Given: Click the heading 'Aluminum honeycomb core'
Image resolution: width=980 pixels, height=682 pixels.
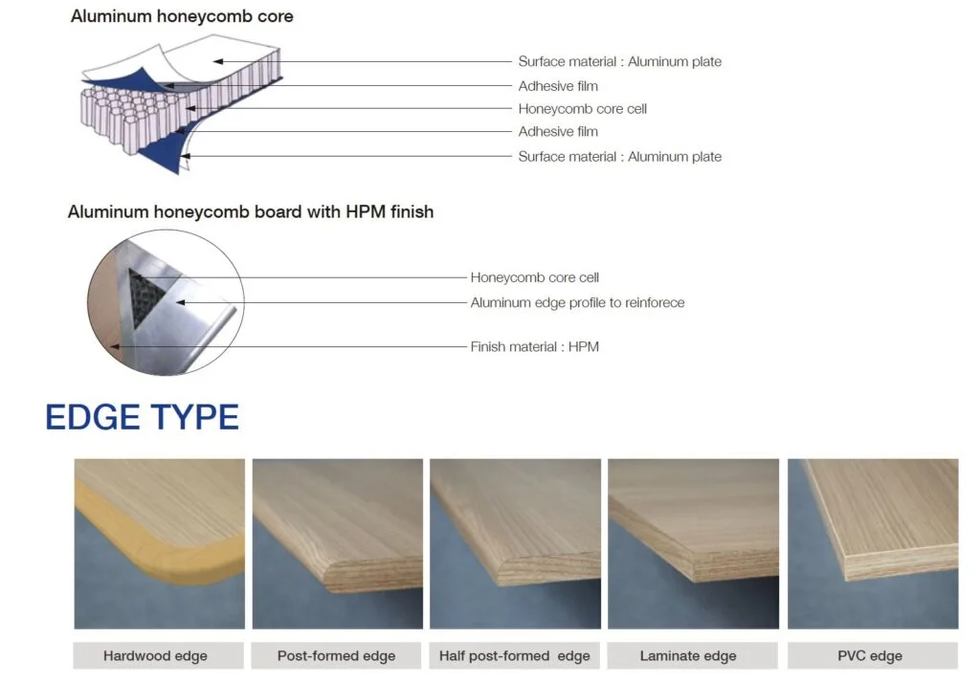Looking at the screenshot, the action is tap(182, 16).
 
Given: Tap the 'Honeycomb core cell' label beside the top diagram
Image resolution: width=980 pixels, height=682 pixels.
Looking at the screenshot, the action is tap(583, 109).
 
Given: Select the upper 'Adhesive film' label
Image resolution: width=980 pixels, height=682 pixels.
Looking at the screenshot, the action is tap(558, 85).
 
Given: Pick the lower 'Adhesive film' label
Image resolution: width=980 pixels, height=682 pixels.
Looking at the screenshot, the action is tap(558, 131).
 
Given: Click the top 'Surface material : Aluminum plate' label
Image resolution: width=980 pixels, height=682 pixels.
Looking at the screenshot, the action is tap(620, 61).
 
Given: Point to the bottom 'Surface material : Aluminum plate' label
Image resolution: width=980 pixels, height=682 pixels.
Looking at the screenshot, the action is tap(620, 156).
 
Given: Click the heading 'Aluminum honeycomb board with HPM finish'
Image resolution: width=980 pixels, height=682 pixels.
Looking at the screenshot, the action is tap(251, 211).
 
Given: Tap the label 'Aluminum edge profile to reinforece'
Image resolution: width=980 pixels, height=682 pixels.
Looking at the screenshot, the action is tap(577, 302).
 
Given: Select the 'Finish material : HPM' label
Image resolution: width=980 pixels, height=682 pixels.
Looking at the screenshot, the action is tap(534, 346).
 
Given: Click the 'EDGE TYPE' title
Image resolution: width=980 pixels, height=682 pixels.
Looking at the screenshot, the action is tap(143, 417).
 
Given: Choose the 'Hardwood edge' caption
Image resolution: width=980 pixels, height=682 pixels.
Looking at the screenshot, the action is tap(155, 656).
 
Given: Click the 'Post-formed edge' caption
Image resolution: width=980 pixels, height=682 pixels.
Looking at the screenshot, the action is tap(336, 656).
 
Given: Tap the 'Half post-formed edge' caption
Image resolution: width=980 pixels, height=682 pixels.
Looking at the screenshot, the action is tap(514, 656).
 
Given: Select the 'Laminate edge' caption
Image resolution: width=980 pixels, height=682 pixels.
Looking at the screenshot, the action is tap(688, 656).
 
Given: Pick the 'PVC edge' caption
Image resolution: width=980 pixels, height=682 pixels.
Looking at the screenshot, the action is tap(870, 656).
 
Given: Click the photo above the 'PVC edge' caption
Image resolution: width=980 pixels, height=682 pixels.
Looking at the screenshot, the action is tap(873, 544).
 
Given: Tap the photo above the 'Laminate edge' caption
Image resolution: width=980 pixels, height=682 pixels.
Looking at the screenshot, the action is tap(693, 544).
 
